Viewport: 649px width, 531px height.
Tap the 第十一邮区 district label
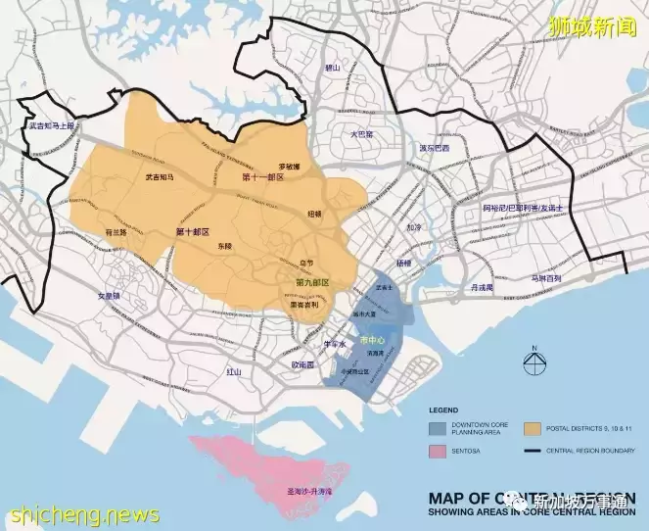pos(262,177)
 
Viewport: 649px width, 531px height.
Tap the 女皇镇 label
pos(109,295)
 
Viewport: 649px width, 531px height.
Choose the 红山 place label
pos(233,372)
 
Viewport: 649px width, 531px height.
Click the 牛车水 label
pos(336,345)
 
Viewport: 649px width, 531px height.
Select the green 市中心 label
pos(373,339)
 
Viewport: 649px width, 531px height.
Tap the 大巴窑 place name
pos(362,133)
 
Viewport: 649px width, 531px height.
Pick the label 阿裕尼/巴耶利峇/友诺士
pos(525,209)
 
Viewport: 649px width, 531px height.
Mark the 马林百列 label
pos(546,279)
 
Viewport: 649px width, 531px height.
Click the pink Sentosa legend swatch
pos(437,453)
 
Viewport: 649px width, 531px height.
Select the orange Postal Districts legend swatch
pos(533,428)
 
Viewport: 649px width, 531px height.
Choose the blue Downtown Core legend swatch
pos(437,428)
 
